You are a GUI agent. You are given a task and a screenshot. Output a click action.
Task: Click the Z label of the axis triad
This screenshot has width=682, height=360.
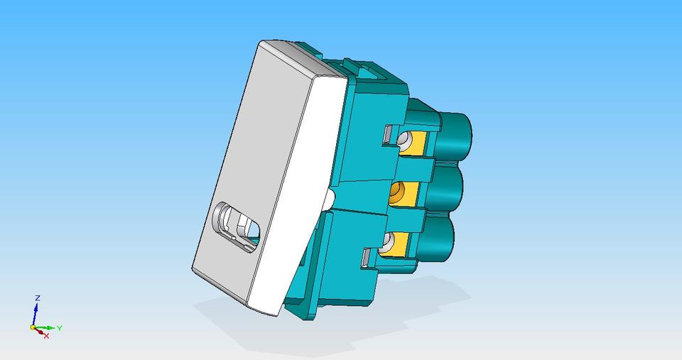[x=37, y=298]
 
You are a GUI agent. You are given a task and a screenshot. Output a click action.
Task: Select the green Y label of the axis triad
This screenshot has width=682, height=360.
[x=60, y=328]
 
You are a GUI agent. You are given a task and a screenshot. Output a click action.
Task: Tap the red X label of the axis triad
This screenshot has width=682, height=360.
[x=47, y=335]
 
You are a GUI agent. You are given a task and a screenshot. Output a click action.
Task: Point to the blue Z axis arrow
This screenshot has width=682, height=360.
[x=36, y=312]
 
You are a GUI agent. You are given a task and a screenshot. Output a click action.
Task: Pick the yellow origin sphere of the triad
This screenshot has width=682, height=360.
[x=33, y=327]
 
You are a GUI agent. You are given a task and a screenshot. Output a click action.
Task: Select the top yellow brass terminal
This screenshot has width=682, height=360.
[x=419, y=145]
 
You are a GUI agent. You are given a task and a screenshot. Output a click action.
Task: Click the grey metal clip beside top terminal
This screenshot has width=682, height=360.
[x=390, y=133]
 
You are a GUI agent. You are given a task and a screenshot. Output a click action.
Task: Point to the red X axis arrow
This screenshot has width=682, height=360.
[x=40, y=332]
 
